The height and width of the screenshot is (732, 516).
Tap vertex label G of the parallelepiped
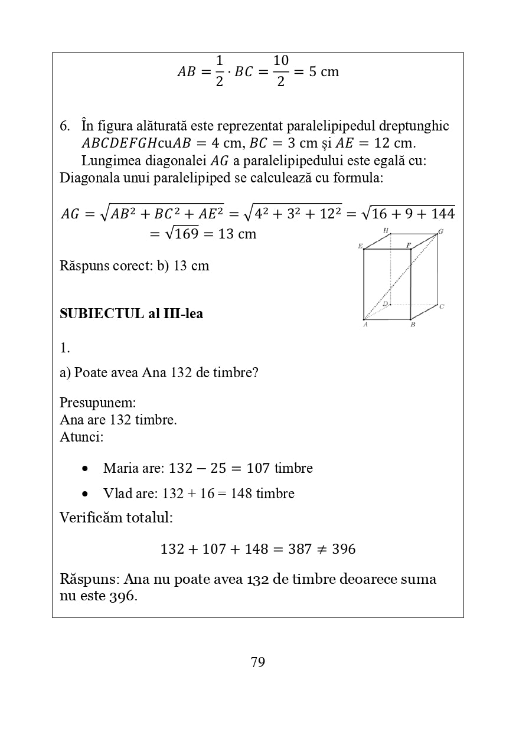(440, 231)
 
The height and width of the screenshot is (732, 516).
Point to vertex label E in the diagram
(360, 246)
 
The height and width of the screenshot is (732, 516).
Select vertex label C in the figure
(442, 306)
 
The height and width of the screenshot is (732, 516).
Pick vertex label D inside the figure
(385, 304)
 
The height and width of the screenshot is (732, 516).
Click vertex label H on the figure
(386, 230)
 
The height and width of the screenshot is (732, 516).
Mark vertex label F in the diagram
(408, 244)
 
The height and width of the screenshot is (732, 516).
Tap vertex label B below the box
(412, 325)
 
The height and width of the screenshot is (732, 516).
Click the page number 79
(258, 662)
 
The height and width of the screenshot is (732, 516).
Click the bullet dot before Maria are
(86, 469)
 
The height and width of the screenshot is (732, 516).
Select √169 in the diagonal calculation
(182, 234)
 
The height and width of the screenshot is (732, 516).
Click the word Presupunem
(98, 403)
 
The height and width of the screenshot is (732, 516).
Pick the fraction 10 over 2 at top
(280, 71)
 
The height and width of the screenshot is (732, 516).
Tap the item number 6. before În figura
(65, 126)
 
